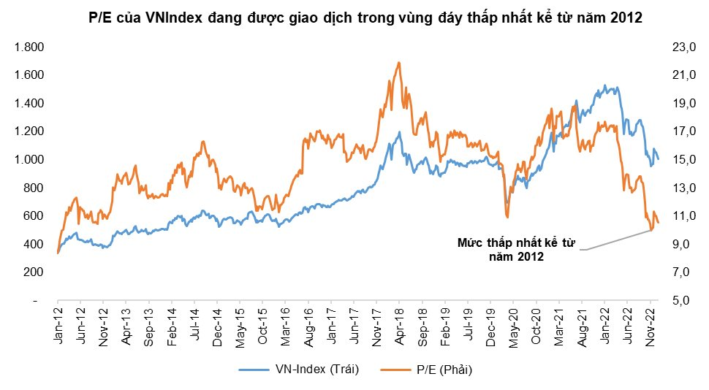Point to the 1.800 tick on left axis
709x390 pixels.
coord(29,47)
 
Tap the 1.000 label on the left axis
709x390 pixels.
coord(29,160)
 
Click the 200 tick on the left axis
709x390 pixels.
coord(34,272)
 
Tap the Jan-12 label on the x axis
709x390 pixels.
coord(57,325)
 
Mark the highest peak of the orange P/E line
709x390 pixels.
coord(398,63)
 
